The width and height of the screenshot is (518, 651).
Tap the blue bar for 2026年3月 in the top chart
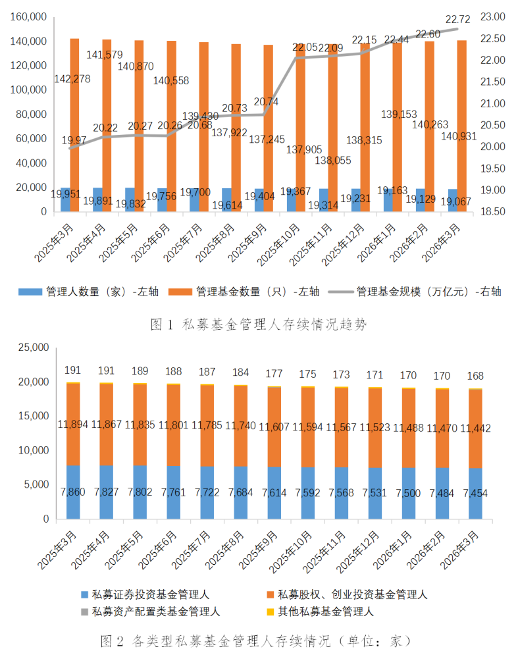[x=453, y=201]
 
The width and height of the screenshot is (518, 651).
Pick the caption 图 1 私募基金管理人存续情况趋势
[x=258, y=324]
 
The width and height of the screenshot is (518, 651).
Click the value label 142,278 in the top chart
[x=72, y=79]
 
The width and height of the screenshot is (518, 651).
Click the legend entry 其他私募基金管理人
[x=325, y=612]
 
